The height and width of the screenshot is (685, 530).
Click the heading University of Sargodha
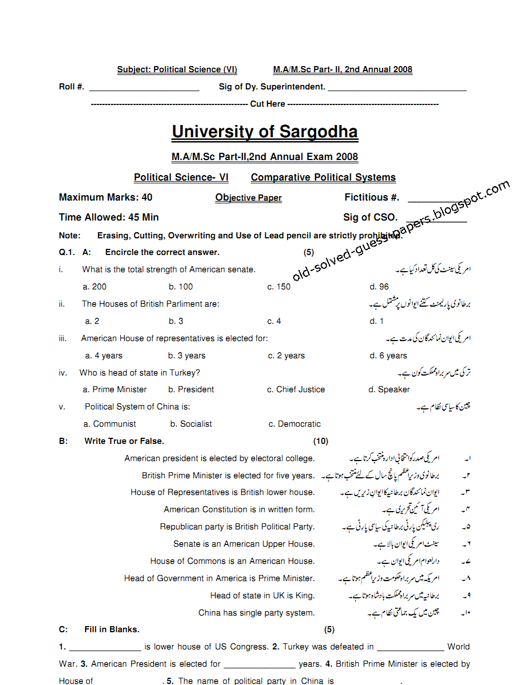pos(265,132)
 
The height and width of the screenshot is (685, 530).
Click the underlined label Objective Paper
pos(248,198)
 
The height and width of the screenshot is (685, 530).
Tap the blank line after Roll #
pos(144,87)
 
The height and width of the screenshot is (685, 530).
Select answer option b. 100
pos(181,287)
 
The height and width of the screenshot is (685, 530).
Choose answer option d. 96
pos(379,287)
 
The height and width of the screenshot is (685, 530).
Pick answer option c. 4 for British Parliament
pos(274,321)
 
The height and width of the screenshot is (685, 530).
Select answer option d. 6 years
pos(388,356)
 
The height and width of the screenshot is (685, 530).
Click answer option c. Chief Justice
pos(296,389)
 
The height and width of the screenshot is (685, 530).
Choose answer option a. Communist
pos(110,424)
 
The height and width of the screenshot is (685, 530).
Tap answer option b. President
pos(191,389)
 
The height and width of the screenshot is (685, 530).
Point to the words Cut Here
pos(268,104)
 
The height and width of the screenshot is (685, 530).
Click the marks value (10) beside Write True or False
pos(320,441)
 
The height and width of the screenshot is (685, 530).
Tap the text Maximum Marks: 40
pos(106,197)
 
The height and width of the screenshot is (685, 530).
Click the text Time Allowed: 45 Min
pos(109,217)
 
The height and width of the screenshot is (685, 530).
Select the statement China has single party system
pos(256,613)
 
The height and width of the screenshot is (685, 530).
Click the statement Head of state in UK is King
pos(262,596)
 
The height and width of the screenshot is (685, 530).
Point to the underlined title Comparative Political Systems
pos(323,177)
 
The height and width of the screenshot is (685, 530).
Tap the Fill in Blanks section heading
pos(112,629)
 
